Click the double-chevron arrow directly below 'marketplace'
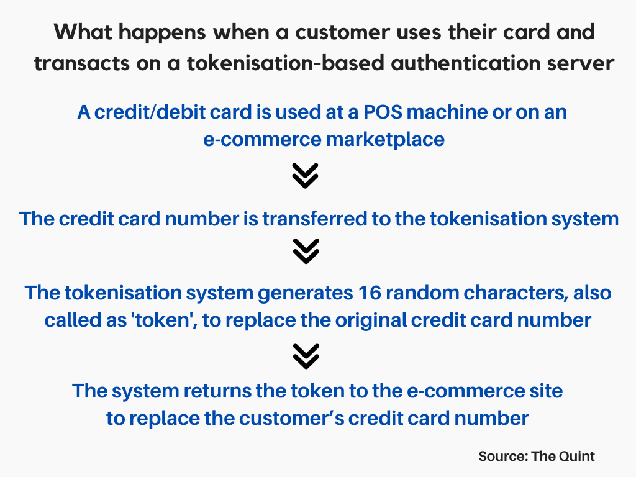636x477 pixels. (305, 176)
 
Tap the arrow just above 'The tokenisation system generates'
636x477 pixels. (305, 252)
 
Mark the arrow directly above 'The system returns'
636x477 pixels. (305, 357)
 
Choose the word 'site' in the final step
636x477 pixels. (545, 391)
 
